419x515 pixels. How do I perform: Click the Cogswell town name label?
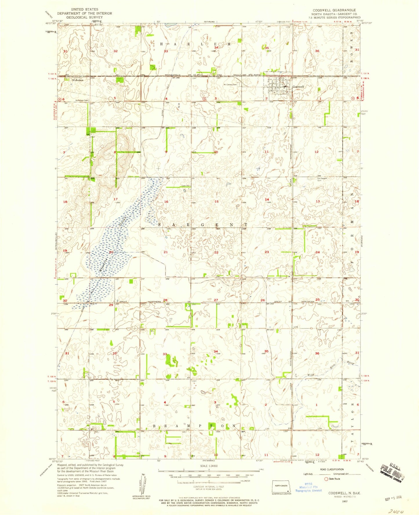[298, 87]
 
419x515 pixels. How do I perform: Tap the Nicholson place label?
[77, 80]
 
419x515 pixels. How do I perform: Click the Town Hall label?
[186, 186]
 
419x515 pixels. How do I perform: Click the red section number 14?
[267, 199]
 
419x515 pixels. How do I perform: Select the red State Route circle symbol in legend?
[326, 479]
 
